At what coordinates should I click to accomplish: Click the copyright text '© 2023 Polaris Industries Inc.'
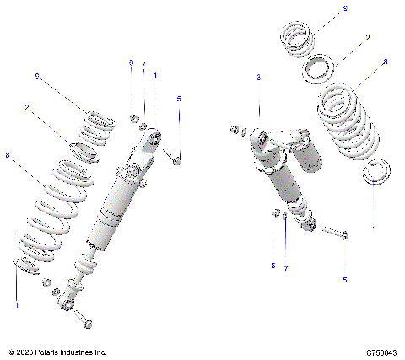click(x=57, y=352)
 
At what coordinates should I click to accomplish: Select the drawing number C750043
click(x=381, y=352)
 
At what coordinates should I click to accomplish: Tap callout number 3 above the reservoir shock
click(x=259, y=78)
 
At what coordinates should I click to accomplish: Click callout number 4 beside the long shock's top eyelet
click(x=155, y=74)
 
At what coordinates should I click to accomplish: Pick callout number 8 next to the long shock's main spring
click(x=8, y=155)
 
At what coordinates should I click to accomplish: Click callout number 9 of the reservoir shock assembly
click(x=345, y=8)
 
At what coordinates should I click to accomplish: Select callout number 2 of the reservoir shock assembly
click(x=367, y=38)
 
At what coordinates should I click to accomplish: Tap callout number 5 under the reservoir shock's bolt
click(x=343, y=279)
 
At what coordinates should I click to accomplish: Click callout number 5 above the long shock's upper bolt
click(x=178, y=99)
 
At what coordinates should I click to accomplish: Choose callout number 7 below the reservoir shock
click(x=286, y=268)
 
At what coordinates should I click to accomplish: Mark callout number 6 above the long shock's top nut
click(x=131, y=63)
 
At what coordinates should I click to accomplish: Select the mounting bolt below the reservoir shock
click(x=335, y=234)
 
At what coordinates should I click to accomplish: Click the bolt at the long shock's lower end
click(x=83, y=319)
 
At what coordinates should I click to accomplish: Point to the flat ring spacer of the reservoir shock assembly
click(x=321, y=66)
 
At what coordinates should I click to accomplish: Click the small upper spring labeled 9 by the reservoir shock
click(x=299, y=39)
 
